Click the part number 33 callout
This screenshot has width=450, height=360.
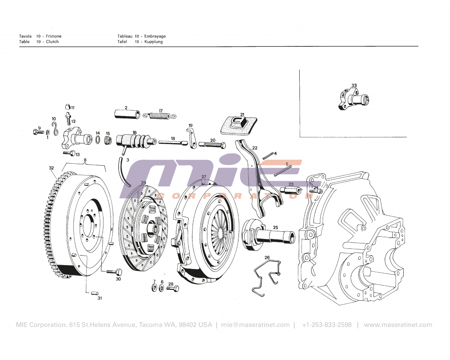pyautogui.click(x=354, y=85)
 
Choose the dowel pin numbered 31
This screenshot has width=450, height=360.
pyautogui.click(x=95, y=294)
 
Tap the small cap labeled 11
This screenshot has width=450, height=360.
pyautogui.click(x=67, y=107)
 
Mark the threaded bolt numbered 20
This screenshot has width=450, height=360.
pyautogui.click(x=214, y=145)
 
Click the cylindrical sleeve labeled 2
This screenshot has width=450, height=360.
pyautogui.click(x=126, y=114)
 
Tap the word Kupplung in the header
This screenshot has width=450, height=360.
pyautogui.click(x=153, y=42)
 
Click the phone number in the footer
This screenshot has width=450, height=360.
pyautogui.click(x=327, y=325)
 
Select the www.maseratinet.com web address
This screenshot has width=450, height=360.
pyautogui.click(x=398, y=325)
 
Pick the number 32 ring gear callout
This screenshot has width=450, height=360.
pyautogui.click(x=51, y=168)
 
